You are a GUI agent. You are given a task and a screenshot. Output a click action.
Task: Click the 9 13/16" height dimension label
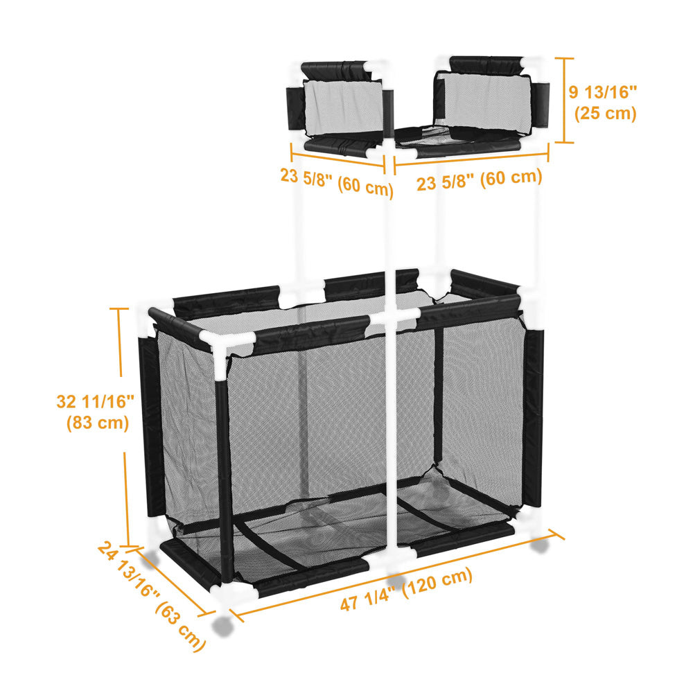(x=603, y=92)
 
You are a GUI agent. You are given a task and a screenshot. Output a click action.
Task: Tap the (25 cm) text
(x=605, y=113)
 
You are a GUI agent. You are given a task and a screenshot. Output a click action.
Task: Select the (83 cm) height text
(x=98, y=423)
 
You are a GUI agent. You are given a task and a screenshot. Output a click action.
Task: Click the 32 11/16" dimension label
(x=95, y=402)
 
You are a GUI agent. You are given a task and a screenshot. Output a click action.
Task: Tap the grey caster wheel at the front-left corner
(x=222, y=625)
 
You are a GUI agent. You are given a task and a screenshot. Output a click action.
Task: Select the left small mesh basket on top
(x=340, y=109)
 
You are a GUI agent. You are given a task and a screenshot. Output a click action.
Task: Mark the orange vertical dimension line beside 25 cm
(x=564, y=100)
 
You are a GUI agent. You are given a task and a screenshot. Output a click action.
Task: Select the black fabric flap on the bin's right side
(x=533, y=418)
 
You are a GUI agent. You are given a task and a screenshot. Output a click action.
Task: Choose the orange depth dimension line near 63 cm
(x=172, y=582)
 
